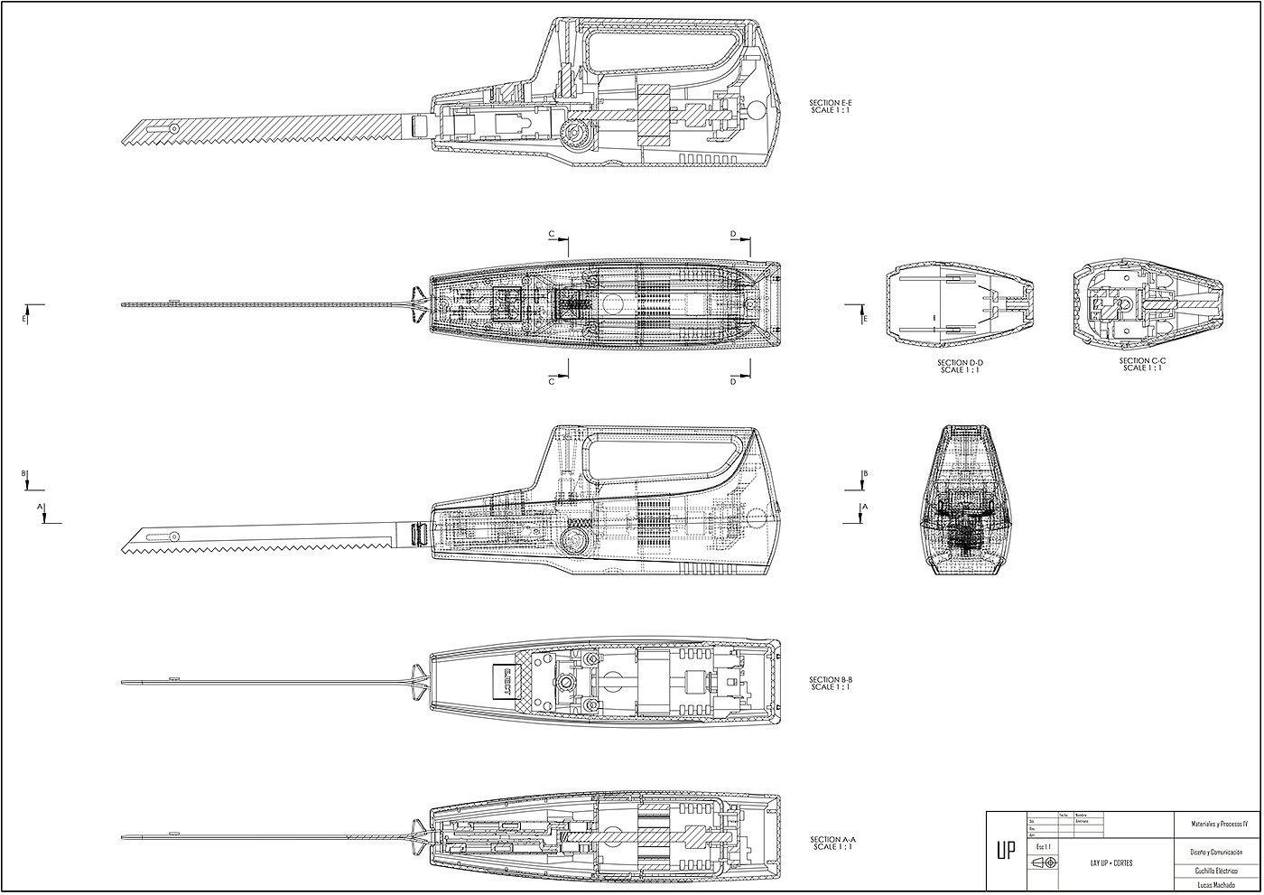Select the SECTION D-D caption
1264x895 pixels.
click(x=959, y=366)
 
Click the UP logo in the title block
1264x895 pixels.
click(x=1005, y=852)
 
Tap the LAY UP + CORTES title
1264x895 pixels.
click(x=1111, y=862)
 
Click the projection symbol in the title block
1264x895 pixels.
click(x=1043, y=863)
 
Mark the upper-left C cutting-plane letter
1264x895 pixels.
click(x=552, y=234)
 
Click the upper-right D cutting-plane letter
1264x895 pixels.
click(x=733, y=234)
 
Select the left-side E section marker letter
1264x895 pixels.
click(x=24, y=319)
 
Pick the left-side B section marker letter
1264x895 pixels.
click(x=24, y=472)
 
